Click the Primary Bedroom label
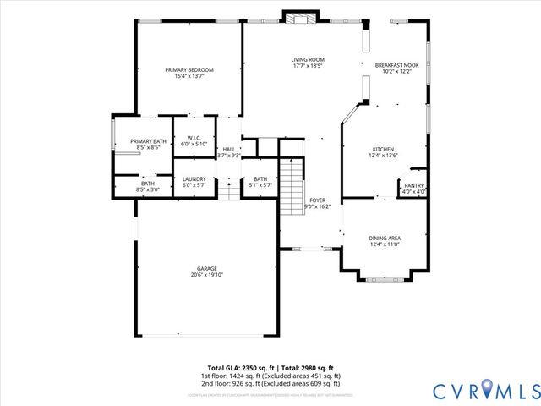point(189,69)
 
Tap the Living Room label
point(308,59)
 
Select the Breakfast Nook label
point(396,65)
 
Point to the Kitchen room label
point(382,150)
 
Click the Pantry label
point(413,185)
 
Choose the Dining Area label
point(385,239)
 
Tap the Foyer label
point(317,200)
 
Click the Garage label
point(207,269)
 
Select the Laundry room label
point(194,178)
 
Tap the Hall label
point(228,149)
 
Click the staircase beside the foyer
point(291,187)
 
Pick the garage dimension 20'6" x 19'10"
point(207,275)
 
